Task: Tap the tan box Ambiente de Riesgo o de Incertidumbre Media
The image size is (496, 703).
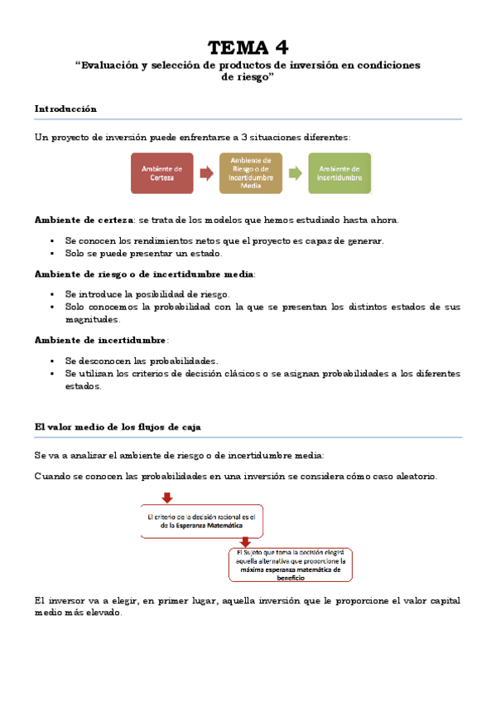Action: pos(250,173)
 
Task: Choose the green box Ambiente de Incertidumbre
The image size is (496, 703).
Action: pos(339,173)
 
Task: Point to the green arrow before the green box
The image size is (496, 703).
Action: pos(295,173)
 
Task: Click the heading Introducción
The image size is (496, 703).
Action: pos(65,109)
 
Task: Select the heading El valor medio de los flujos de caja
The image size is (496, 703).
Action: pos(118,426)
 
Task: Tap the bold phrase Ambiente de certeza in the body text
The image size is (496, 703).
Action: pos(84,220)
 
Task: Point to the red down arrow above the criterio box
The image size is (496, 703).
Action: pos(167,497)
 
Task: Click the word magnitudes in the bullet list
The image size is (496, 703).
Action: pos(92,319)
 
